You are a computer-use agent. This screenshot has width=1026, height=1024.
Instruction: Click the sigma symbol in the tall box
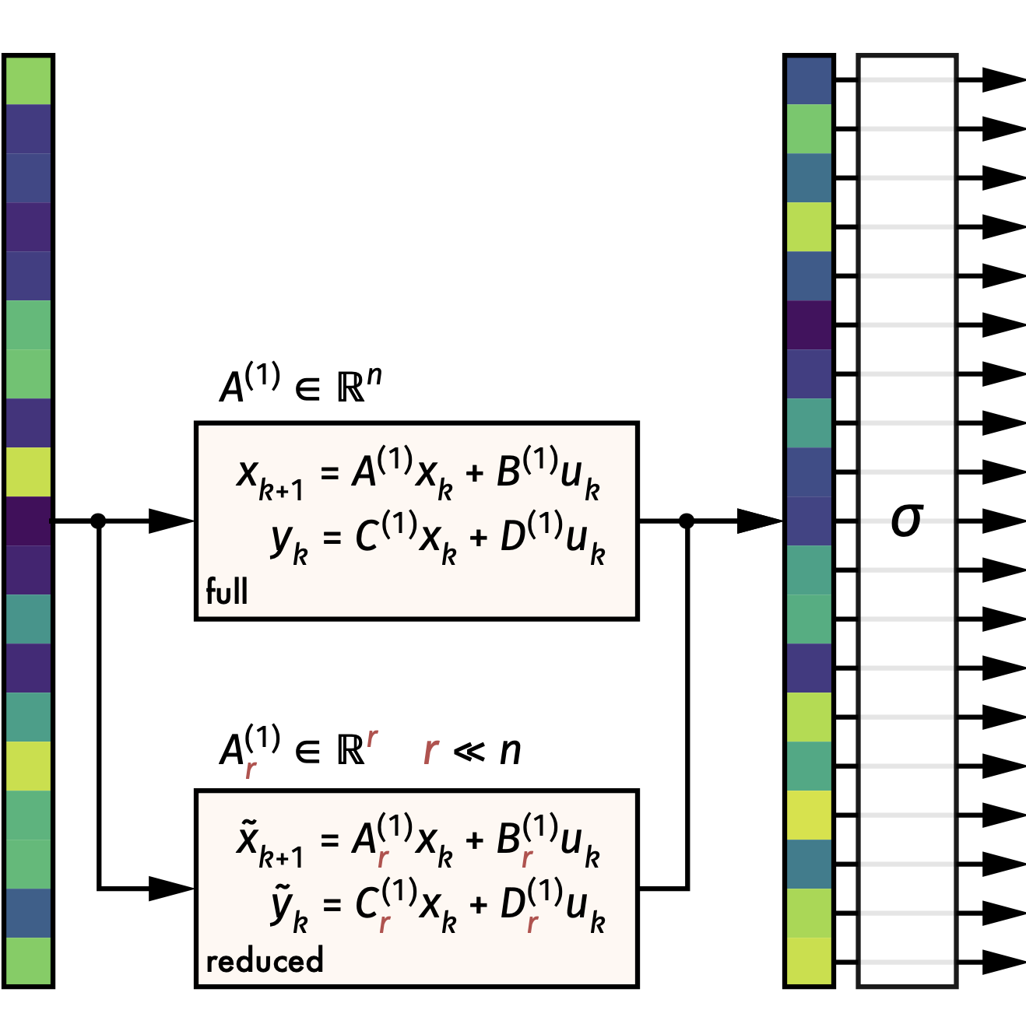coord(907,519)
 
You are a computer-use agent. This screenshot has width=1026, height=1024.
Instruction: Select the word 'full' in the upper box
coord(227,591)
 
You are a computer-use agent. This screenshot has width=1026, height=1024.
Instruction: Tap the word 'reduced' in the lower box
coord(264,961)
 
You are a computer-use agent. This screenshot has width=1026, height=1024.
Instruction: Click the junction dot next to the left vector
coord(98,521)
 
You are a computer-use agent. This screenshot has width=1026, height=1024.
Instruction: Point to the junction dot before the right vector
coord(687,521)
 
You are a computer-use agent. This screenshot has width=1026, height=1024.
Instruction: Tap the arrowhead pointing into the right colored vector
coord(758,521)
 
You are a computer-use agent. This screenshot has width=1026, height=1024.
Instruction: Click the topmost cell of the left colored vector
coord(29,80)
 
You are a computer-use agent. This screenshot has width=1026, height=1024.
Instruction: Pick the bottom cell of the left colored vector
coord(29,961)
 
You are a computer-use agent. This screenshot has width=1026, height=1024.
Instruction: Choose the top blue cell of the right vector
coord(810,80)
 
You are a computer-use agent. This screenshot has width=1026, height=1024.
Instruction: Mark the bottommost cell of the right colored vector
coord(810,961)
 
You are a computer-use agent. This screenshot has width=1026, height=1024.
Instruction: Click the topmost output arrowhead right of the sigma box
coord(1003,79)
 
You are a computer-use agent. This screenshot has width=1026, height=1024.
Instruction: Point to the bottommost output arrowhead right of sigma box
coord(1003,962)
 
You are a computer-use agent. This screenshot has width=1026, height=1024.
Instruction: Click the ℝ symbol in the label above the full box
coord(351,388)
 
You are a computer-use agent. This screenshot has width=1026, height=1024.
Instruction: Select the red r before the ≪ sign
coord(431,752)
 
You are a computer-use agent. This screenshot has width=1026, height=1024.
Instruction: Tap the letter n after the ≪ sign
coord(510,752)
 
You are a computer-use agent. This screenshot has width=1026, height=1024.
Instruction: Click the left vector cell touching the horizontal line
coord(29,521)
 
